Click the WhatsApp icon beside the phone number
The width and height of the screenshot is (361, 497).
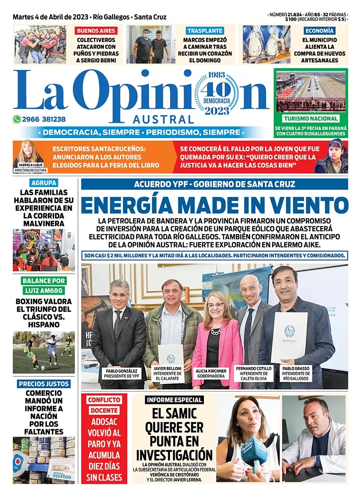tap(17, 120)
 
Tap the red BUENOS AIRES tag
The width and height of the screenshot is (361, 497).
tap(96, 31)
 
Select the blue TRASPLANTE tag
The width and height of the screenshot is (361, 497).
tap(205, 31)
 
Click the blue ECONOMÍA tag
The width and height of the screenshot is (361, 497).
tap(319, 31)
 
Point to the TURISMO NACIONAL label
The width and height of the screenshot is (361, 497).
tap(311, 119)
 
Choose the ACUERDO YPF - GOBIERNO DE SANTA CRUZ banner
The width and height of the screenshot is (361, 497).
tap(214, 184)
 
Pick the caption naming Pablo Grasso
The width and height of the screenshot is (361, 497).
tap(296, 373)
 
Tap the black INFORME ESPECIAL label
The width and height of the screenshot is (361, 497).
tap(174, 400)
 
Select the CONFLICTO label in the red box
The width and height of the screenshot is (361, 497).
tap(104, 400)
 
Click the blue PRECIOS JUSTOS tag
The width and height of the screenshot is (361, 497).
tap(44, 384)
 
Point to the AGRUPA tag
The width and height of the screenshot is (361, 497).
tap(44, 183)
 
